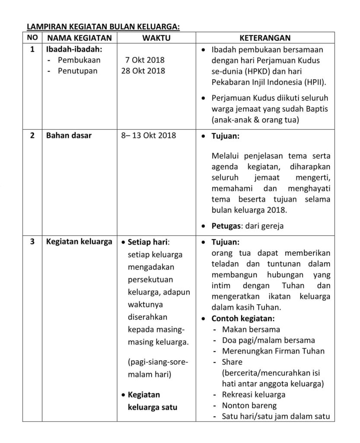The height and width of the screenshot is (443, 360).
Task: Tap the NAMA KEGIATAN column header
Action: (79, 38)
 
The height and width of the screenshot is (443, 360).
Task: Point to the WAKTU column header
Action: (156, 38)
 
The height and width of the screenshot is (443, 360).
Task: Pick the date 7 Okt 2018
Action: (145, 60)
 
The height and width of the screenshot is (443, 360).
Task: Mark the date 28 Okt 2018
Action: (143, 71)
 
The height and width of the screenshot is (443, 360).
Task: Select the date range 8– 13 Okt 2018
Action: (149, 136)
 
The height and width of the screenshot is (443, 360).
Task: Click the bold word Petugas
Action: (226, 226)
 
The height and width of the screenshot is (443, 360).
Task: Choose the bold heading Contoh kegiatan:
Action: (243, 319)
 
